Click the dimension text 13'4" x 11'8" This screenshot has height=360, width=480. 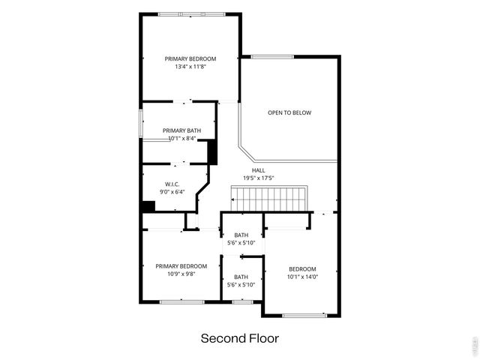coord(190,67)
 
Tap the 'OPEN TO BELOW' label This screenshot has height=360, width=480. coord(289,113)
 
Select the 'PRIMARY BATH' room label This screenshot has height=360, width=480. coord(181,130)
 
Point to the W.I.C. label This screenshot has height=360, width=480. coord(172,184)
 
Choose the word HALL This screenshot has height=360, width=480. coord(258,170)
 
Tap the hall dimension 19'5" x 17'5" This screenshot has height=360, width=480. coord(258,178)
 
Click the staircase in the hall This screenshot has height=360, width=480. coord(268,199)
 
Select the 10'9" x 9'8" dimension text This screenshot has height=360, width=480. coord(181,274)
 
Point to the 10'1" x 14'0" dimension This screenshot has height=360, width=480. coord(303,277)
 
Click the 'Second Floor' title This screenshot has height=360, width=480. coord(239,338)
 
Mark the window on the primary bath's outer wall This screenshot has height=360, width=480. coord(141,123)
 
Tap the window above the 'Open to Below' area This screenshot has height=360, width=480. coord(272,56)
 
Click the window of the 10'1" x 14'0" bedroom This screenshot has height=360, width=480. coord(304,315)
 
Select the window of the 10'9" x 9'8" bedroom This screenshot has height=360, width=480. coord(181,301)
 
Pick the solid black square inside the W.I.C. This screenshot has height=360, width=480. coord(148,206)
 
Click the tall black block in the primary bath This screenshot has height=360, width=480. coord(212,152)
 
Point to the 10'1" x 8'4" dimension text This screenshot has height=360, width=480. coord(181,139)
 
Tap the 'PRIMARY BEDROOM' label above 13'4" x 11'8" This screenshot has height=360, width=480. coord(190,58)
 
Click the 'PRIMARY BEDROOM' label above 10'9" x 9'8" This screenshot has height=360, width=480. coord(181,266)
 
